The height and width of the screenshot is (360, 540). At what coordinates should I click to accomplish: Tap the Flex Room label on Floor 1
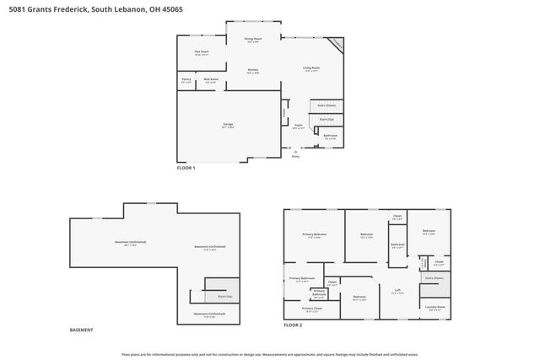[202, 53]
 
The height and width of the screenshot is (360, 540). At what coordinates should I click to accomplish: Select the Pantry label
[186, 81]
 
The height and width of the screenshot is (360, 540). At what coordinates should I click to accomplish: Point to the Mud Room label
[211, 81]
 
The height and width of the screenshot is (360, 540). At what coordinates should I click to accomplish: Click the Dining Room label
[253, 39]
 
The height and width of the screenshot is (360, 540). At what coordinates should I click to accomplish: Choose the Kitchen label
[252, 71]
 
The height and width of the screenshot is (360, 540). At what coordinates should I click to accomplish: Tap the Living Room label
[311, 68]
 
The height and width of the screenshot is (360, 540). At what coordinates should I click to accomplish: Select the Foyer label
[298, 126]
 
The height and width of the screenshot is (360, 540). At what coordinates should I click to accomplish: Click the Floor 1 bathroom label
[330, 136]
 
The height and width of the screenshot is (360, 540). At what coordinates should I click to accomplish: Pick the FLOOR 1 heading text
[186, 169]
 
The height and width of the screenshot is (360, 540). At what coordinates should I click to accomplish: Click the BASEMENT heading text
[82, 330]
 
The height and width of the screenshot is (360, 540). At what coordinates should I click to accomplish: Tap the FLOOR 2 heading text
[293, 325]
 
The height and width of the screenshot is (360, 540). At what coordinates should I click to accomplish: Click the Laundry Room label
[435, 308]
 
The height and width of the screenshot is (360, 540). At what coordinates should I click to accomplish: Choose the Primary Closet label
[311, 309]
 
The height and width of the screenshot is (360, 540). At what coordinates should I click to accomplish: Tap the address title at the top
[92, 8]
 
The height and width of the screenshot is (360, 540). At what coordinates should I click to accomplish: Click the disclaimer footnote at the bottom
[270, 354]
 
